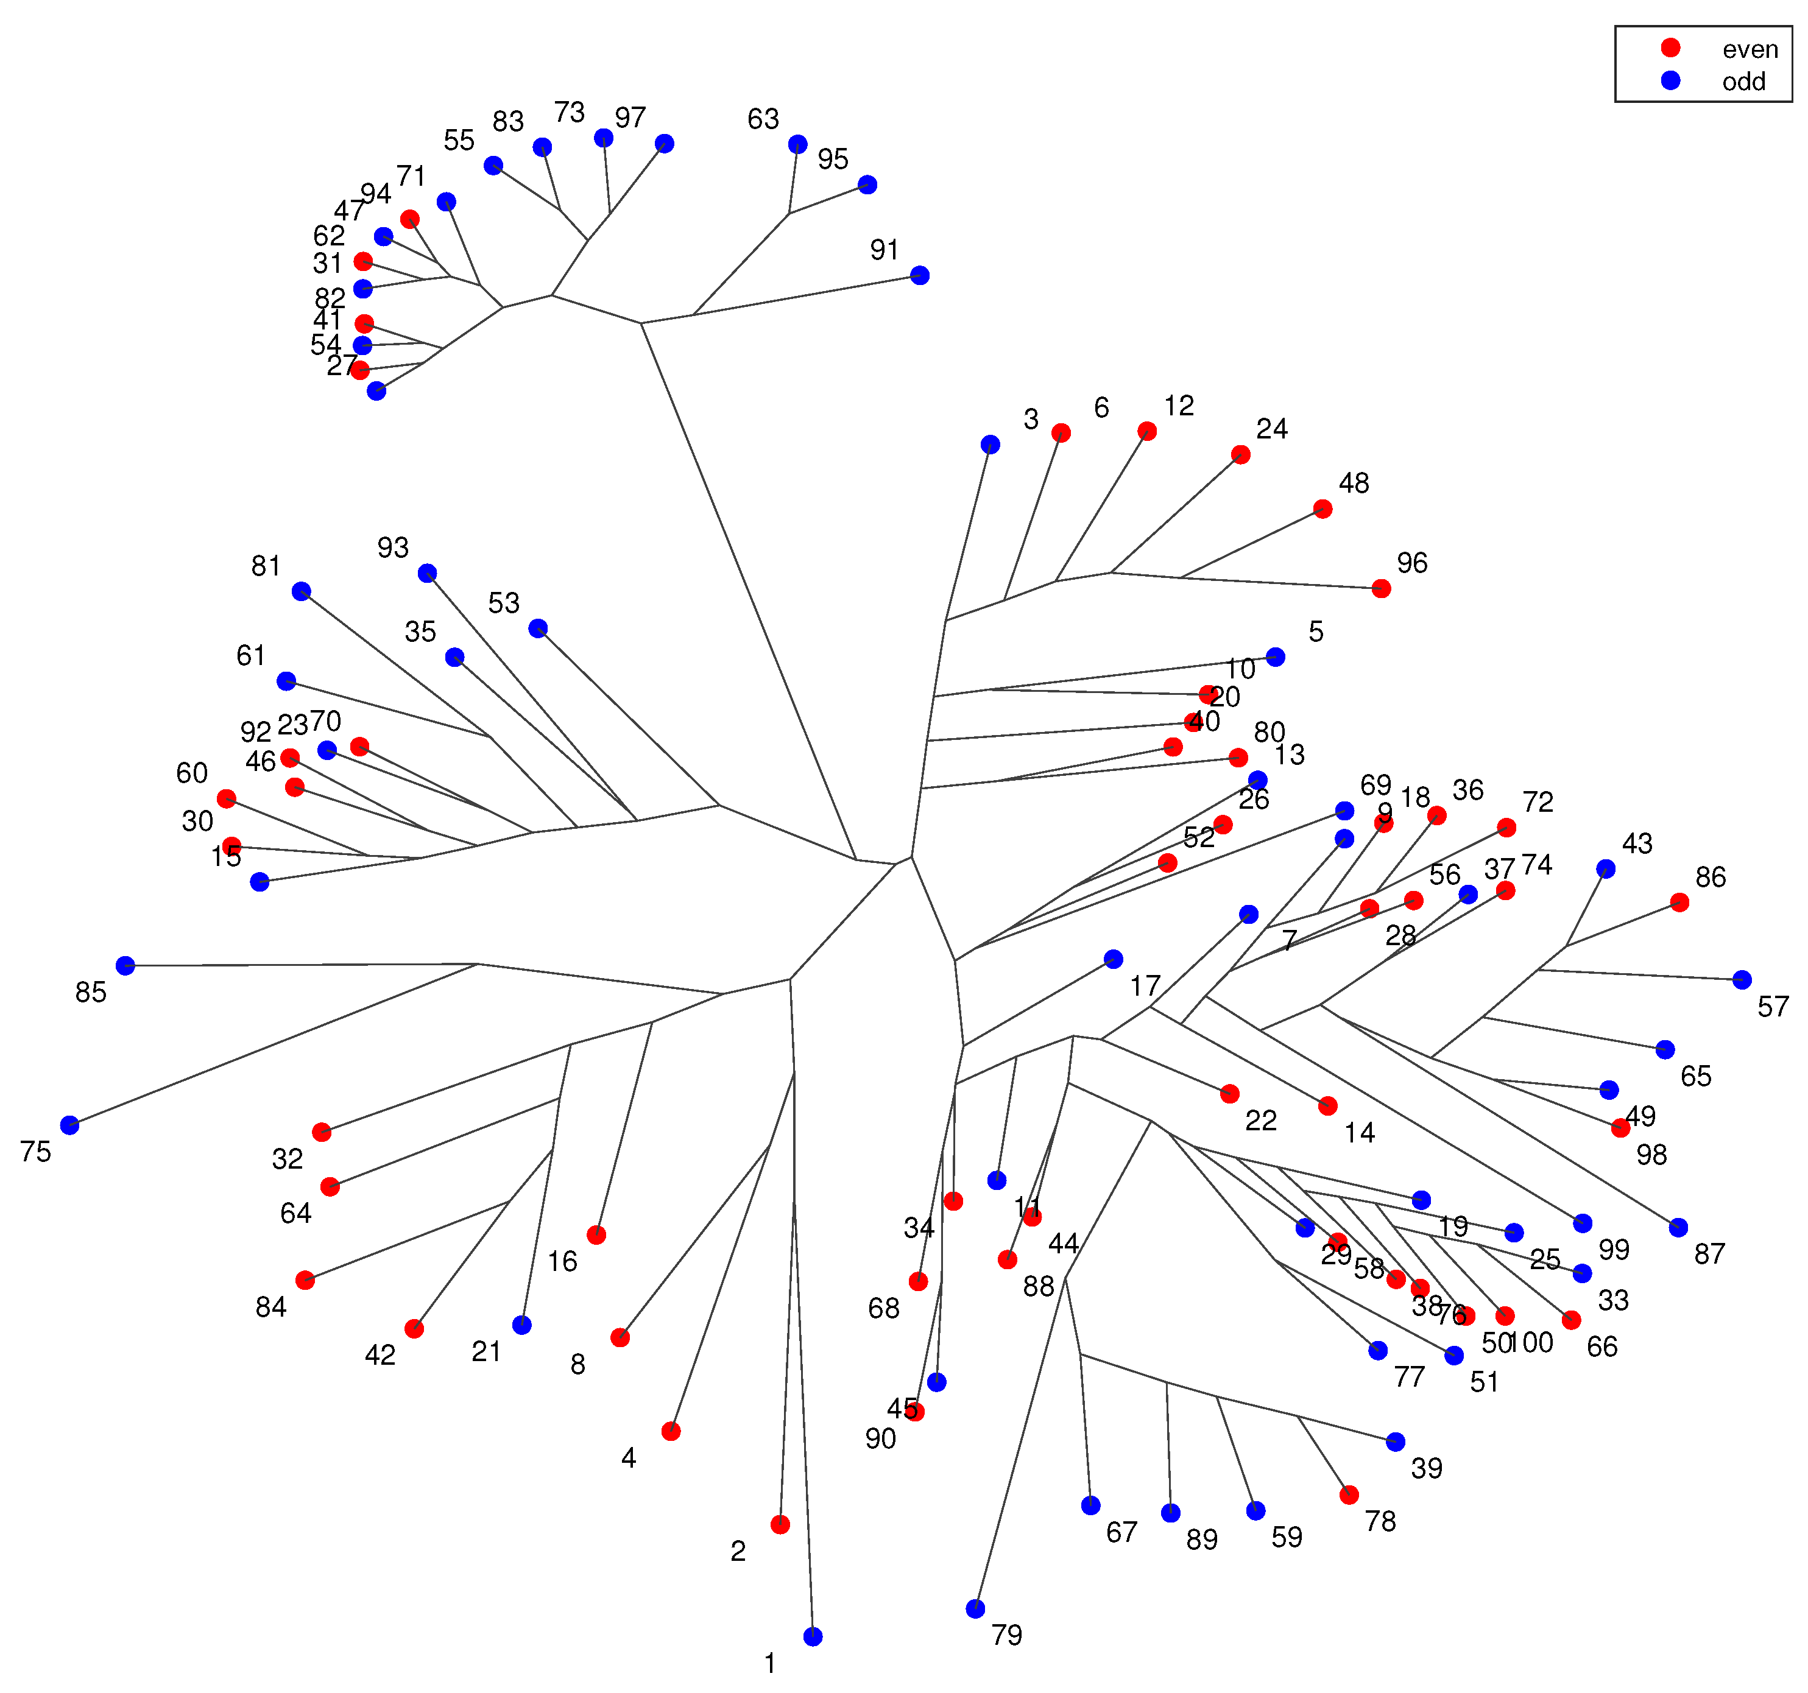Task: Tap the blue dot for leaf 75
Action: point(70,1125)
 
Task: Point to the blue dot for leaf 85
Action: point(125,966)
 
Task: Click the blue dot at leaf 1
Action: point(813,1636)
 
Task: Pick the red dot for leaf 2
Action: point(779,1525)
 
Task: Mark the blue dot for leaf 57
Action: point(1742,979)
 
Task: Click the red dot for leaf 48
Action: point(1322,509)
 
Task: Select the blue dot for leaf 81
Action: point(301,592)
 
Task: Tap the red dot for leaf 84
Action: point(305,1280)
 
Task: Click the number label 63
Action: point(763,119)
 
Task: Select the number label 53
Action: point(504,603)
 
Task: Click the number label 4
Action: point(629,1459)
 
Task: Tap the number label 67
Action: point(1121,1532)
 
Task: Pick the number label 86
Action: point(1710,878)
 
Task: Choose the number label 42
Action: point(380,1355)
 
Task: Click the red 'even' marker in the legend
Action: point(1671,48)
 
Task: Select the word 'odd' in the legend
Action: point(1743,82)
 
